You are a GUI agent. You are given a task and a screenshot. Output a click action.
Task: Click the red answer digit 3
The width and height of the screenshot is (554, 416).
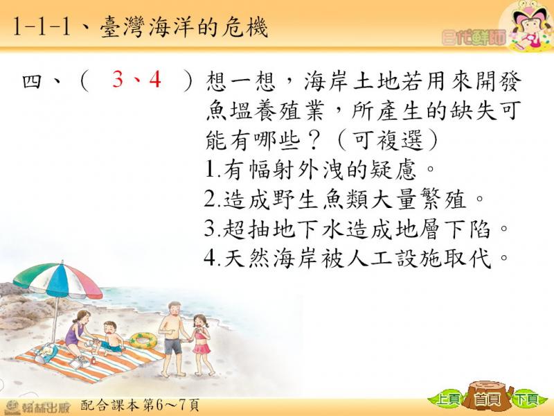118,79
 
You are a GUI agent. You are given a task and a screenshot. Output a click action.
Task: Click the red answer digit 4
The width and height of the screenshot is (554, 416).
155,79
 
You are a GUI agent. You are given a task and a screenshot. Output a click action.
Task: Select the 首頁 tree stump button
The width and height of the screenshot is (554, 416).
488,397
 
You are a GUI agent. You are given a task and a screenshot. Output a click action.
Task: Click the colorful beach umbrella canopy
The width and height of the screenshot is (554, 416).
58,279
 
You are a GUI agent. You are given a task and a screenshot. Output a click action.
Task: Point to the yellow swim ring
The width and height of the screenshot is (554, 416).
143,340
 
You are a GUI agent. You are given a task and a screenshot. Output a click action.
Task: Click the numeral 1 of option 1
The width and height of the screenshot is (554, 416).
210,169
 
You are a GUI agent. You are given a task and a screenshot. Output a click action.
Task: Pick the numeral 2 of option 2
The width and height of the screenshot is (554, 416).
211,199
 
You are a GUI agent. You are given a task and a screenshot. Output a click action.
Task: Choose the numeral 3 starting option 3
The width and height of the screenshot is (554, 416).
211,229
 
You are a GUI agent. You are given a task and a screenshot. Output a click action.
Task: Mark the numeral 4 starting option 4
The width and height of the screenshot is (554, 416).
211,258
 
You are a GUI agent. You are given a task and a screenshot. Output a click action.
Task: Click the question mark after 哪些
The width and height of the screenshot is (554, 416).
316,141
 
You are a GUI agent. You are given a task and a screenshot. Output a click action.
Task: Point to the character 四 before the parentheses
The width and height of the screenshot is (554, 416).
32,81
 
